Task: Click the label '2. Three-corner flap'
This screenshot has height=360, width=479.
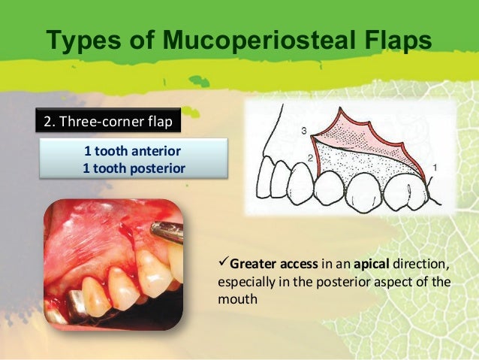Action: pos(108,119)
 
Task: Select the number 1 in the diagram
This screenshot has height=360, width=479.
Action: pos(436,165)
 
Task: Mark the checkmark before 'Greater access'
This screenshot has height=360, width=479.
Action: pos(222,264)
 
